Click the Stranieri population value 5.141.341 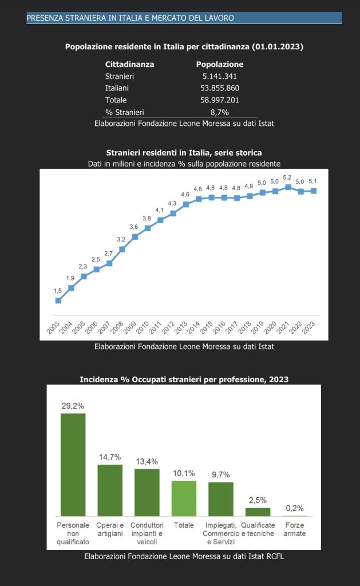pos(220,76)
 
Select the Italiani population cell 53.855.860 pos(220,88)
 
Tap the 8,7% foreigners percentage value pos(220,112)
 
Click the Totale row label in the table pos(116,100)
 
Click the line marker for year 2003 pos(58,300)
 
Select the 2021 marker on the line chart pos(288,187)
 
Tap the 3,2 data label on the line pos(121,239)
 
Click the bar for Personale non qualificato pos(73,464)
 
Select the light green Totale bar pos(184,498)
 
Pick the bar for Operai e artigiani pos(110,490)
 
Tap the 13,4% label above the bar pos(147,461)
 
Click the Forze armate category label pos(295,529)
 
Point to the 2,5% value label pos(258,500)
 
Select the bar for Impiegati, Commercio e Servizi pos(221,499)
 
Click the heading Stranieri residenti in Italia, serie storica pos(184,153)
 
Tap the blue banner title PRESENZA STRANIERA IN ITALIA pos(130,18)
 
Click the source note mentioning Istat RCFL pos(184,556)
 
